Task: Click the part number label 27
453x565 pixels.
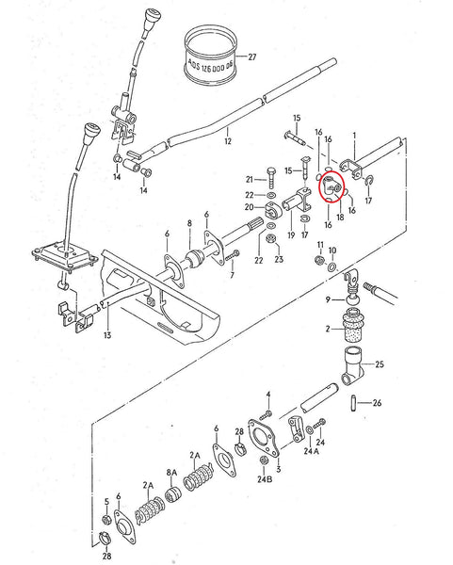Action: pyautogui.click(x=251, y=57)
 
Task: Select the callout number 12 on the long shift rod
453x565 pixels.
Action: pyautogui.click(x=226, y=142)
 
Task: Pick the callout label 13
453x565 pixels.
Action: pyautogui.click(x=107, y=334)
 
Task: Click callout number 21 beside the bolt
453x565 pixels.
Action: pyautogui.click(x=251, y=178)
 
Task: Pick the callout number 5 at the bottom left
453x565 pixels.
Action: pyautogui.click(x=106, y=501)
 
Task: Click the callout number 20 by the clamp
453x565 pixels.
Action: pyautogui.click(x=249, y=207)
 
